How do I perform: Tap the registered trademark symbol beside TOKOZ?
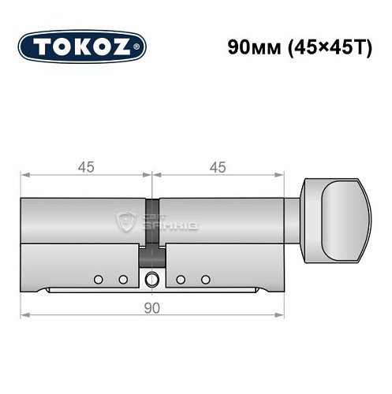[140, 47]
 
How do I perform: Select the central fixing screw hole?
[151, 278]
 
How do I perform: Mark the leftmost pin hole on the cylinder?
[98, 279]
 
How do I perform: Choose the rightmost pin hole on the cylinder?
[206, 279]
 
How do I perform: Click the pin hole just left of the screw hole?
[123, 279]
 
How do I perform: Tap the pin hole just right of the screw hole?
[181, 279]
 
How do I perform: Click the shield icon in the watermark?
[125, 221]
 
